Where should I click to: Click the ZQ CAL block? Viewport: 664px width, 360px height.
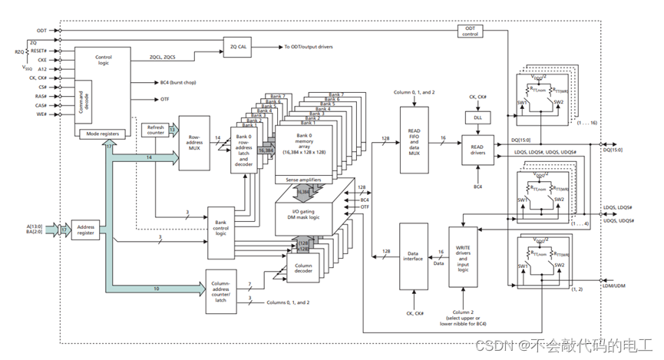(x=238, y=46)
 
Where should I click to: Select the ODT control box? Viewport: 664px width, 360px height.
(x=470, y=31)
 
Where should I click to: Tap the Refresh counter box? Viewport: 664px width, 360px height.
(x=157, y=130)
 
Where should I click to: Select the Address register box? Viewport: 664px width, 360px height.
(x=85, y=228)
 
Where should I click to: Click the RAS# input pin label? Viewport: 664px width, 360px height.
(x=42, y=97)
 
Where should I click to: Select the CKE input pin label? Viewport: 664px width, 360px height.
(x=42, y=58)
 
